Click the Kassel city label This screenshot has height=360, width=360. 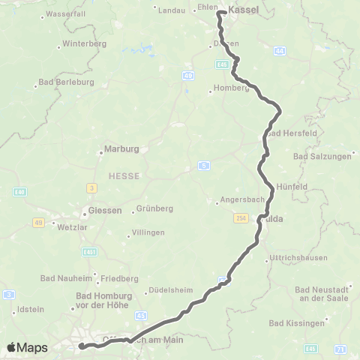pyautogui.click(x=243, y=10)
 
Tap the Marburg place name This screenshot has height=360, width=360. pyautogui.click(x=121, y=148)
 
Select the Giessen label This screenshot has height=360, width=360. pyautogui.click(x=105, y=211)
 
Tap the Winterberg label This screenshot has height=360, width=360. pyautogui.click(x=85, y=43)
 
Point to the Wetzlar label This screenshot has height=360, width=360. pyautogui.click(x=72, y=225)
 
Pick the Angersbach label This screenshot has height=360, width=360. pyautogui.click(x=240, y=201)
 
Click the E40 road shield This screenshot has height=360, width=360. pyautogui.click(x=19, y=192)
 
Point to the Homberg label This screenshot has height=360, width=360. pyautogui.click(x=231, y=88)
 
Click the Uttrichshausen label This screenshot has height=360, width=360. pyautogui.click(x=298, y=261)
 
